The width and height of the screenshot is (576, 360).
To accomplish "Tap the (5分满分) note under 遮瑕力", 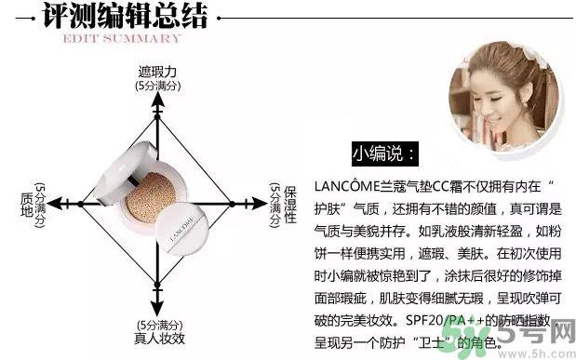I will point(157,86).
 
